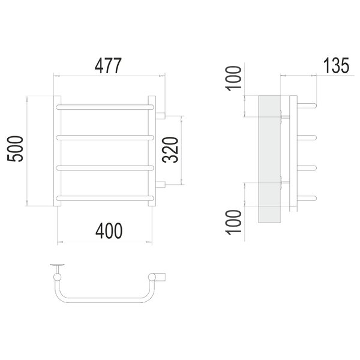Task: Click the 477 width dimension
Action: coord(108,66)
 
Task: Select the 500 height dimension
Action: coord(16,149)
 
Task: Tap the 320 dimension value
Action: coord(170,149)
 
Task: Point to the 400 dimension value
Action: coord(109,231)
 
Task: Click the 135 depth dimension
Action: coord(336,65)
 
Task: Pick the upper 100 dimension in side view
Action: coord(233,79)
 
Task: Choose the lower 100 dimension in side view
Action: coord(233,222)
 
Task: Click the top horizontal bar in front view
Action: coord(105,107)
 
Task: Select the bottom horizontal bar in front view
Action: coord(105,198)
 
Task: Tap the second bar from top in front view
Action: coord(105,137)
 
